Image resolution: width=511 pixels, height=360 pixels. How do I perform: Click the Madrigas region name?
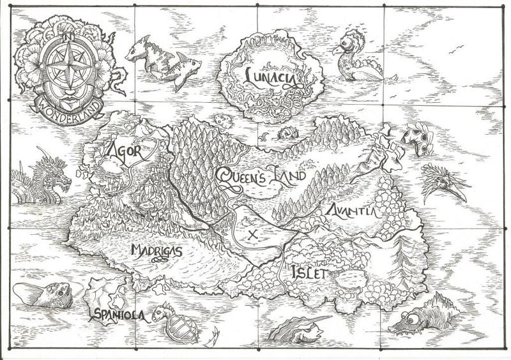(156, 251)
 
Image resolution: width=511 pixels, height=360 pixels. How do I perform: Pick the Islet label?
(309, 273)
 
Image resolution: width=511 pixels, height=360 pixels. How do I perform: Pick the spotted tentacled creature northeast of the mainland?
(416, 139)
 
